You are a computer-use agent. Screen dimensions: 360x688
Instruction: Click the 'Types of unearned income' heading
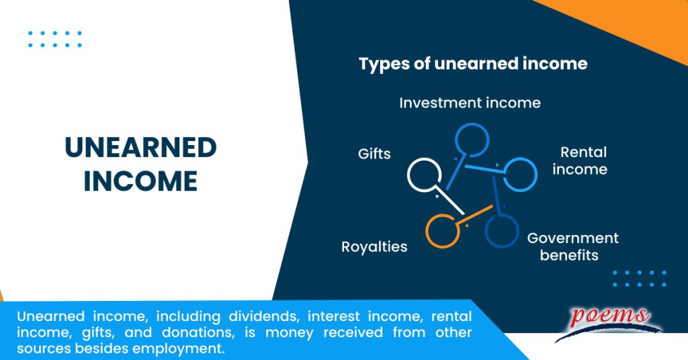[473, 64]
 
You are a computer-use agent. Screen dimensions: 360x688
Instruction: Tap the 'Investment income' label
[470, 103]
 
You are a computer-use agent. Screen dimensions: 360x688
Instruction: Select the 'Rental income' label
[580, 161]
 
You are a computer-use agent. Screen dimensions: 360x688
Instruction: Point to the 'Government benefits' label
[572, 246]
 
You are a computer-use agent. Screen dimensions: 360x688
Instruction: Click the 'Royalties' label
[374, 246]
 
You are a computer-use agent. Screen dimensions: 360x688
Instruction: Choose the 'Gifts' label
[374, 154]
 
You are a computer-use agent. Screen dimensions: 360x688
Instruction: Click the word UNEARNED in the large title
[140, 148]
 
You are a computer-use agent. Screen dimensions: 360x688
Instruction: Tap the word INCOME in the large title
[140, 181]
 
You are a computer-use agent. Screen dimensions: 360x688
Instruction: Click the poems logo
[608, 321]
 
